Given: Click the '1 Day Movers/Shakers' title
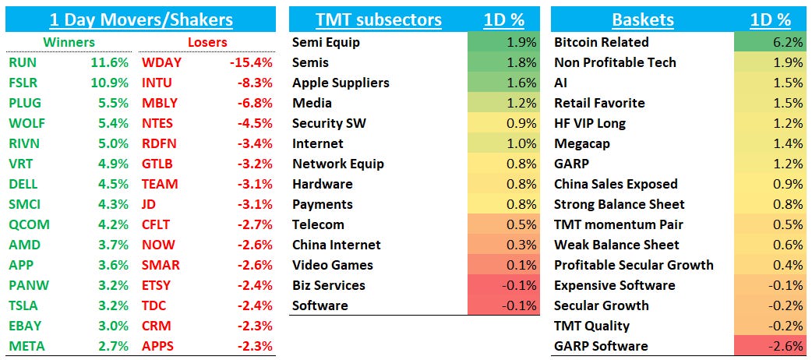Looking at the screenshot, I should click(140, 19).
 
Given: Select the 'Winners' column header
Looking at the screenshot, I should click(69, 42).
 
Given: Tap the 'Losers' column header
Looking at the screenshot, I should click(207, 42).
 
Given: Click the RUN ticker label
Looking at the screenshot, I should click(22, 62).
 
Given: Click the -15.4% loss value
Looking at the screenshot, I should click(250, 62).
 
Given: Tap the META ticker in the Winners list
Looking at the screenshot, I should click(26, 346).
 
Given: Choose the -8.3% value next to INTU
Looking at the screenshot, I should click(253, 83).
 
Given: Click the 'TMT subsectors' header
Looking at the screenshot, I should click(379, 19).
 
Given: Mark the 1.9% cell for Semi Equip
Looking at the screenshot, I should click(503, 42).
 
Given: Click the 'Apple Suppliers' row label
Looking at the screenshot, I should click(341, 83).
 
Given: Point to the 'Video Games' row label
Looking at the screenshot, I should click(333, 265).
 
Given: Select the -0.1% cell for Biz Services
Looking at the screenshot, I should click(503, 285).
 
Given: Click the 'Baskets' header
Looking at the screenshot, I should click(642, 19).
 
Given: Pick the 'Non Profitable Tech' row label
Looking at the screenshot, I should click(615, 62).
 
